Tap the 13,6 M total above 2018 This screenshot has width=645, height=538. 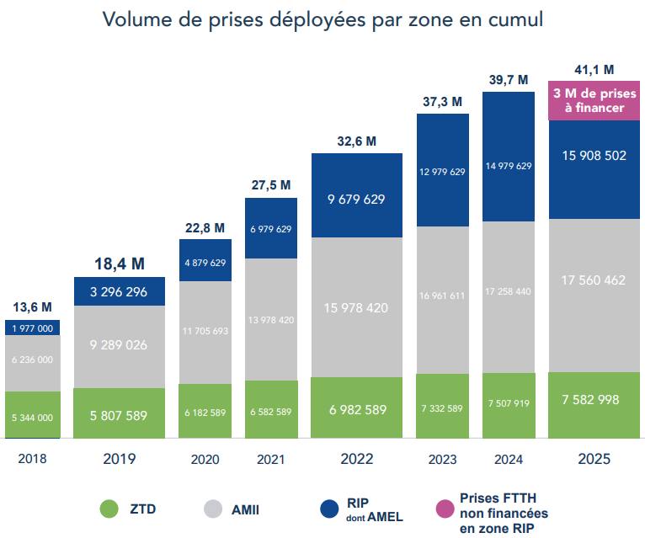33,306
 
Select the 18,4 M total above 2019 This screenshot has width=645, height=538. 119,264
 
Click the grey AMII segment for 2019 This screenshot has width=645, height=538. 119,345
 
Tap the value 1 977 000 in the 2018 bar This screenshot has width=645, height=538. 33,328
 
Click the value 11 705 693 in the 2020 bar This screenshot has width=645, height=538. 205,331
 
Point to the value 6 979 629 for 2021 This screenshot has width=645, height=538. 270,229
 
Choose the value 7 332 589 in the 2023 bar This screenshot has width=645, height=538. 442,408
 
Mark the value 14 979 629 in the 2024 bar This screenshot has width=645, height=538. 508,166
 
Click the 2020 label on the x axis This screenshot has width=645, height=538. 205,460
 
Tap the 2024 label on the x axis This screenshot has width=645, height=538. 508,460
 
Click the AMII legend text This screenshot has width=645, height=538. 253,509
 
